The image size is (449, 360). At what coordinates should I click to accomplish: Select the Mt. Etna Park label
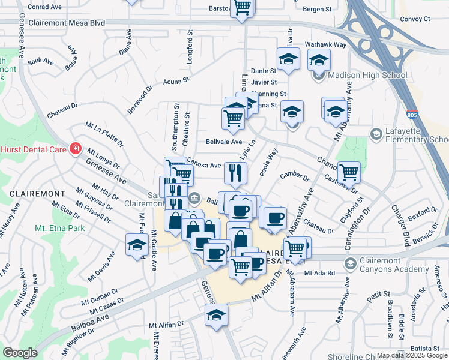59,228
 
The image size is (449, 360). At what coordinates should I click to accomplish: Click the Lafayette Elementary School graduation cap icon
376,133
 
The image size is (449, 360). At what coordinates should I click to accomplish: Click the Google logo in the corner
20,352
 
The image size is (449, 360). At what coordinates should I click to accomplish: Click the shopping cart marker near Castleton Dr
349,173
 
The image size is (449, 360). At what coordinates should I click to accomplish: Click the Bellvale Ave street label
224,142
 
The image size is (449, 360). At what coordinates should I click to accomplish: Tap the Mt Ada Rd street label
319,274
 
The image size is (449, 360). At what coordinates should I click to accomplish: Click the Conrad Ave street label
45,7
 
